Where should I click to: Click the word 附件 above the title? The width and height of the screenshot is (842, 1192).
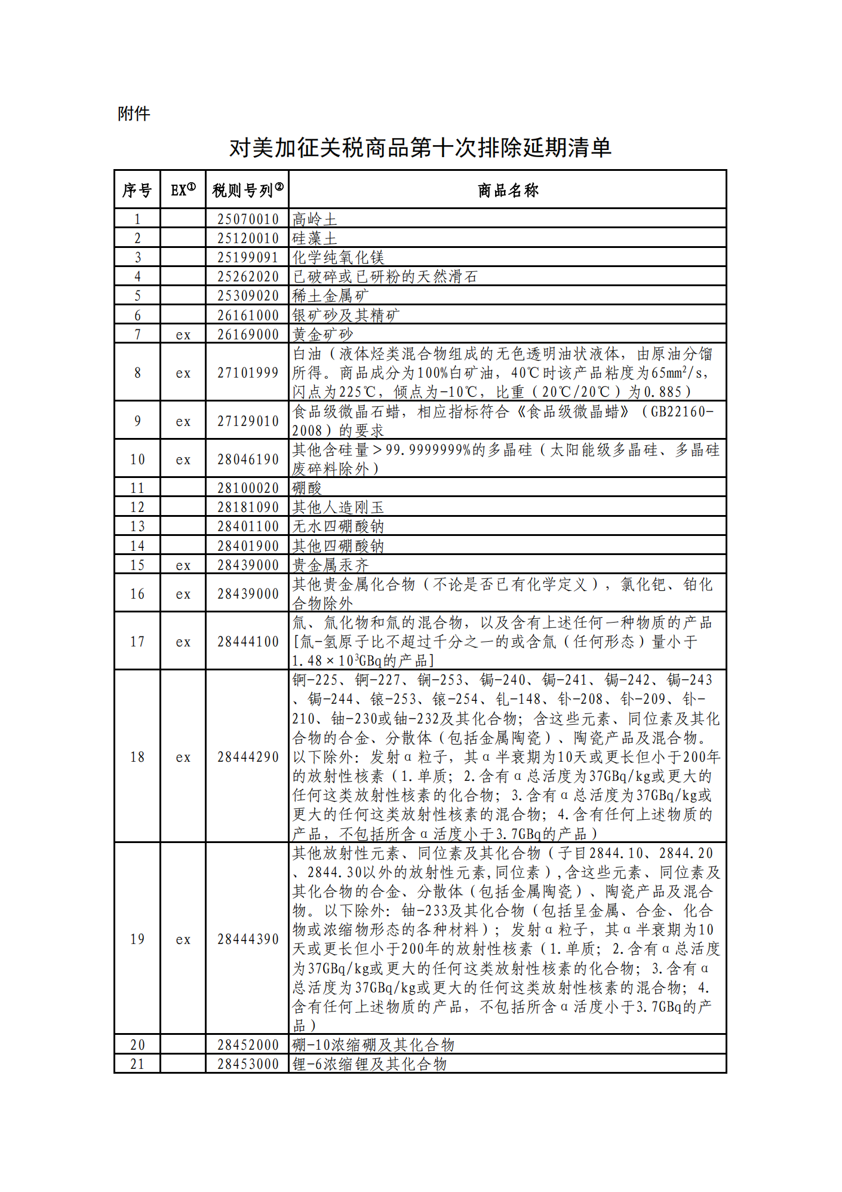pos(134,114)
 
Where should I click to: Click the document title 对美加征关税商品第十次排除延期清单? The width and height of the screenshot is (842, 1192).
pos(420,148)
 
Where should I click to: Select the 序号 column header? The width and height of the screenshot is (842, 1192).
pos(137,190)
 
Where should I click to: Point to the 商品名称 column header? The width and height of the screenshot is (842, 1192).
pos(508,190)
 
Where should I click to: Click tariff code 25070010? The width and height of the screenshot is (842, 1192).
pos(248,219)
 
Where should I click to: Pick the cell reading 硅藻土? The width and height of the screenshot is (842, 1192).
pos(315,238)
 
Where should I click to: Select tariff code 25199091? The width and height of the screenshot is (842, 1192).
pos(248,258)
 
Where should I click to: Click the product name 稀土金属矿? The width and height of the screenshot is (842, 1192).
pos(330,296)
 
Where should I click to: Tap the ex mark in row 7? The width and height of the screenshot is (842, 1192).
pos(183,335)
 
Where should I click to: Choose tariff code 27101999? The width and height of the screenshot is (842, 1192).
pos(248,373)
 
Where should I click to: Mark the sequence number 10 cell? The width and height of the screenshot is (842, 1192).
pos(137,459)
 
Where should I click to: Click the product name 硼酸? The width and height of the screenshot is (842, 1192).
pos(307,488)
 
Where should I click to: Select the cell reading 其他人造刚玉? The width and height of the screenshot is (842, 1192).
pos(338,507)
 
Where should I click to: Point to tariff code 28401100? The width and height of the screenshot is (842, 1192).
pos(248,526)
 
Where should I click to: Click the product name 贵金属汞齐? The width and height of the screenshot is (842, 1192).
pos(330,565)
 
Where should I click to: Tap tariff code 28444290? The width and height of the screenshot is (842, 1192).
pos(248,757)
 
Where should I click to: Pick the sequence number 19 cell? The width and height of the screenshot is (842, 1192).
pos(137,939)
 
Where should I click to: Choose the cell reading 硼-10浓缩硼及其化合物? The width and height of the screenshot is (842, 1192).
pos(373,1045)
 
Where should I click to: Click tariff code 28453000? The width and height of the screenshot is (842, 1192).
pos(248,1064)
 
